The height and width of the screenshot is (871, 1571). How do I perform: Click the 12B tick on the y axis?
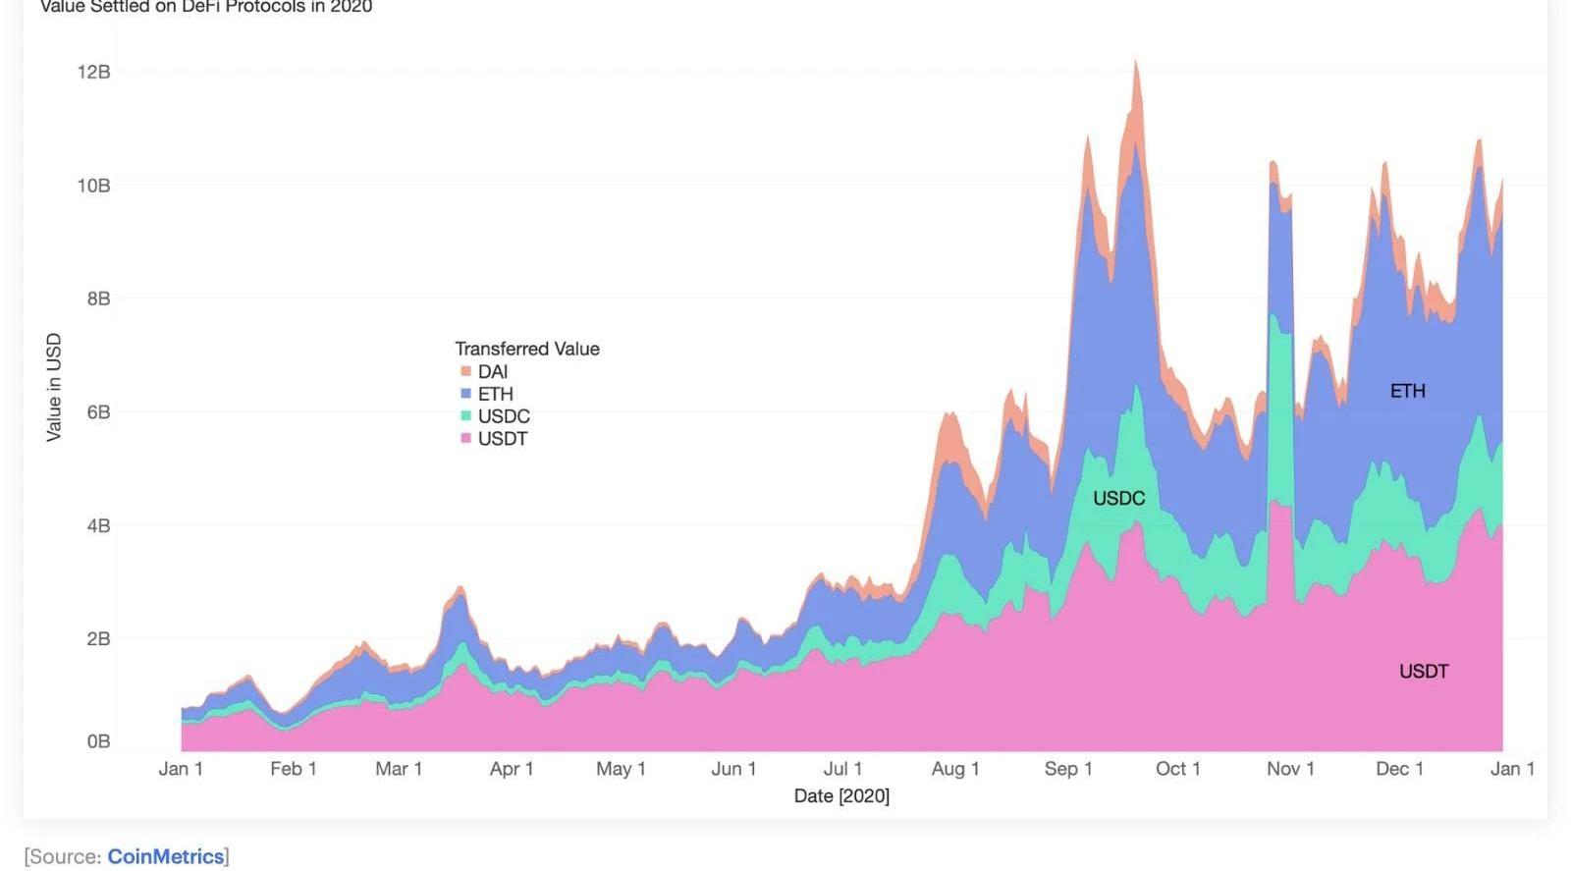[93, 72]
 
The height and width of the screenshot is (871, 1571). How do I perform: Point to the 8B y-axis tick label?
[98, 299]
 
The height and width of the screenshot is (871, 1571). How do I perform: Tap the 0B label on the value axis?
[98, 741]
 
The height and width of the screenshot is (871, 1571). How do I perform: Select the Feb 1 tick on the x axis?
[293, 769]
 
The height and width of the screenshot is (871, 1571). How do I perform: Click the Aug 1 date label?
[955, 769]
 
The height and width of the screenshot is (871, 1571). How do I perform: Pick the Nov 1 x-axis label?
[1290, 769]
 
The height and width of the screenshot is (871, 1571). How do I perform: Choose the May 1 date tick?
[621, 769]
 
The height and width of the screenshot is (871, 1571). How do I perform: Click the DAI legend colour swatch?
[465, 371]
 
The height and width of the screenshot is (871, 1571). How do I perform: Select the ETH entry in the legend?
[495, 394]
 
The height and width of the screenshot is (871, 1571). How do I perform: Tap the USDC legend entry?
[503, 416]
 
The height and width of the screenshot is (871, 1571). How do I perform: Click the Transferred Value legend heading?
[526, 349]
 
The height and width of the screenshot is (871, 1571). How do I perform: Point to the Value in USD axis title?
[54, 387]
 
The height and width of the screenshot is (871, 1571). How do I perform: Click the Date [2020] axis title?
[841, 795]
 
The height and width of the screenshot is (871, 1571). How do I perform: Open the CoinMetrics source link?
[165, 856]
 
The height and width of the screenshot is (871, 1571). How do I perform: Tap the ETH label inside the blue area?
[1407, 391]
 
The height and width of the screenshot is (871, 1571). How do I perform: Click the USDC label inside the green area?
[1118, 499]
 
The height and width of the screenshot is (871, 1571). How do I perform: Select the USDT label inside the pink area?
[1423, 672]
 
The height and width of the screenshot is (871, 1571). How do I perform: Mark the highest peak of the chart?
[1135, 61]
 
